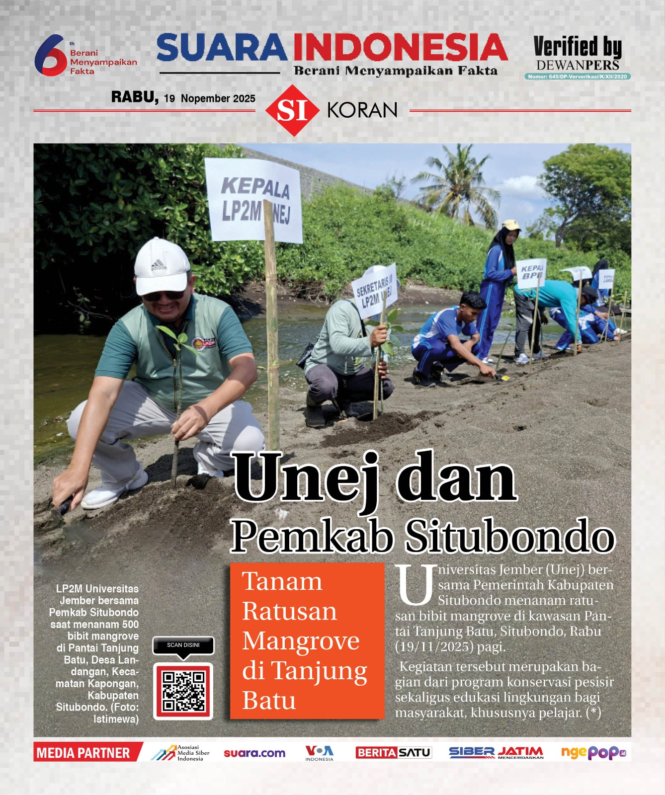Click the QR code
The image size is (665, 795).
(183, 691)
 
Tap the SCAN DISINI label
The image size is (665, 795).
(183, 645)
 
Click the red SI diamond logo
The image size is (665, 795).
(292, 110)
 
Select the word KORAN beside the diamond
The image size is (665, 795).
(362, 110)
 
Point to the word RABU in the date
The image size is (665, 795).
(134, 97)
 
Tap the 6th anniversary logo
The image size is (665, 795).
(51, 55)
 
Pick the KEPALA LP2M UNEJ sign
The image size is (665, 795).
(254, 200)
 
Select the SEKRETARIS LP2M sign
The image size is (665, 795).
(375, 288)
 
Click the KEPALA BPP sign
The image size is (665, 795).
(531, 273)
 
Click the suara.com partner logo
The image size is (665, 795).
(254, 753)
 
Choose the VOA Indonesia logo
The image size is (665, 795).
(319, 753)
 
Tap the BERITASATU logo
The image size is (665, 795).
(393, 753)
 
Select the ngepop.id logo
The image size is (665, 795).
(593, 753)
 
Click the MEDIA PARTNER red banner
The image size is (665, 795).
(84, 753)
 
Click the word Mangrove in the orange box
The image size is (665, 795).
(301, 641)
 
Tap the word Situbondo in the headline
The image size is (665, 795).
(510, 537)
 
